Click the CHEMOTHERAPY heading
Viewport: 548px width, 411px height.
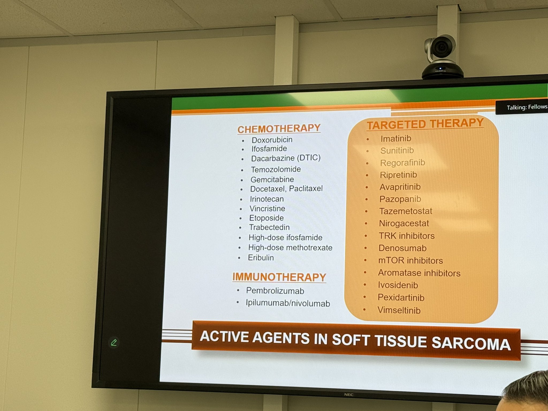point(279,129)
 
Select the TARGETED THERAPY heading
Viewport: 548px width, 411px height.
point(425,124)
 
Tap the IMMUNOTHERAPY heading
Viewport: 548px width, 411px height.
point(279,277)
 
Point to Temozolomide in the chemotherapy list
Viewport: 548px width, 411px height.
point(276,169)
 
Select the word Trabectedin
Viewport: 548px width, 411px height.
point(269,227)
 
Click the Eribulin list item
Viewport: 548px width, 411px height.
point(261,257)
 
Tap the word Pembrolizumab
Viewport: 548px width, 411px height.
point(275,291)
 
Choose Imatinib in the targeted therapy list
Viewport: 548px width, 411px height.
point(396,138)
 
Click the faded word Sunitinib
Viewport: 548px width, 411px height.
point(397,150)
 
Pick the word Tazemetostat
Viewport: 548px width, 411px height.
point(406,211)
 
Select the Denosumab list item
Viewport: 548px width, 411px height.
point(402,248)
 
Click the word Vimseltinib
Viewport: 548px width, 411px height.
point(399,310)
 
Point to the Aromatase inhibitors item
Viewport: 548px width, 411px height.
point(419,273)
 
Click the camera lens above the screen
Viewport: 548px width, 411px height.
point(440,47)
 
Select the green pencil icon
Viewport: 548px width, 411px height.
point(114,342)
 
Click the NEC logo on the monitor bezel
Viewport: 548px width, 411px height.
point(349,394)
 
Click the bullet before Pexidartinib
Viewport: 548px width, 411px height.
point(364,297)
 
